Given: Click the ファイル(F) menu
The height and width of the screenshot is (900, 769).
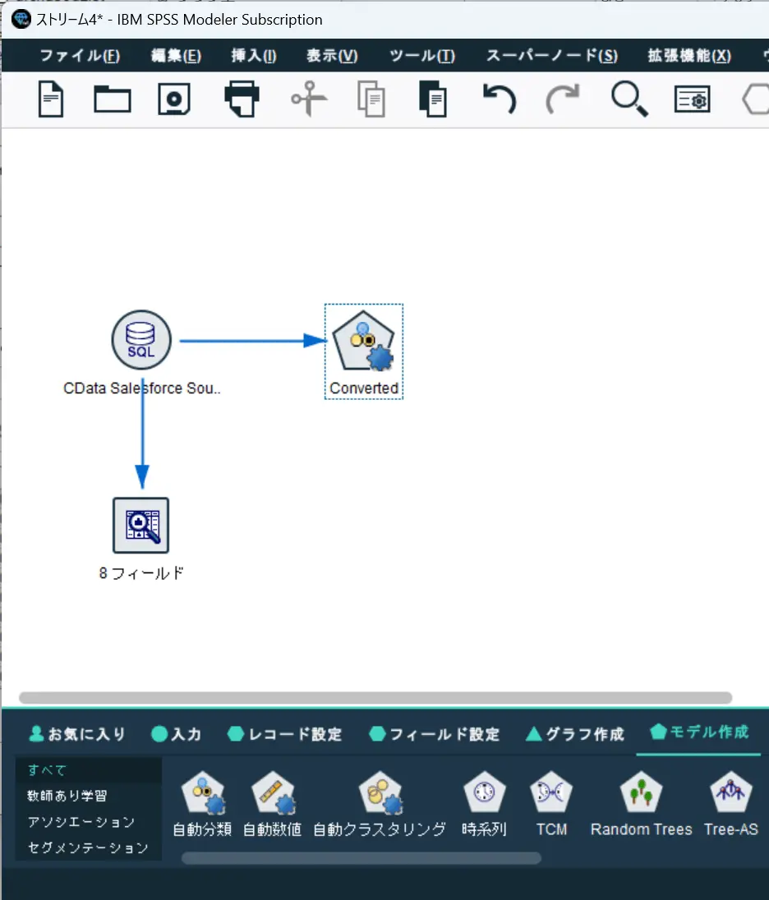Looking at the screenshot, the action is [x=79, y=56].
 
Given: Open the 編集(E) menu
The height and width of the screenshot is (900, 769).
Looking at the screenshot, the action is [x=176, y=56].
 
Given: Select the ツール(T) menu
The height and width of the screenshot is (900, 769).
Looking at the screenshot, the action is [x=422, y=56].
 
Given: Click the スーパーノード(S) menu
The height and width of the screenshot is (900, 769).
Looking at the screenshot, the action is [x=551, y=56].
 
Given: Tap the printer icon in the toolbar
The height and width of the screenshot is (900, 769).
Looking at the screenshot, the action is [x=242, y=99].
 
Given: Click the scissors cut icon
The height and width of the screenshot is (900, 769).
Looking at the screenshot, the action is [x=309, y=99].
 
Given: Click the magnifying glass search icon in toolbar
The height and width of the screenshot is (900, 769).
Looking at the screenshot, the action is [x=629, y=99].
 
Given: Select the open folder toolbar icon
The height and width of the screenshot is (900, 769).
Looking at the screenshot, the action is [x=112, y=99].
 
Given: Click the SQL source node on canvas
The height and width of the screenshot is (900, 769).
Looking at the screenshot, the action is [x=141, y=340].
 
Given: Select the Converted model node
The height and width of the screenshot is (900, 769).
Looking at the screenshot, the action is [x=363, y=341].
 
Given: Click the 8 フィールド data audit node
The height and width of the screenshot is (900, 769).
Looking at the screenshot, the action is [x=140, y=526].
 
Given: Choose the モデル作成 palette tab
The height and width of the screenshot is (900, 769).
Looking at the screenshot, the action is [x=699, y=732].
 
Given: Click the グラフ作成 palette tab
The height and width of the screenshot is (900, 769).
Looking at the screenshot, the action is [x=575, y=733].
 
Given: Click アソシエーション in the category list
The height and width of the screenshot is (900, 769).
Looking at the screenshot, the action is [x=81, y=821].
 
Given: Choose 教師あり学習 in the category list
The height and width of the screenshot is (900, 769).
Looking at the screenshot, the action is [x=67, y=796].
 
